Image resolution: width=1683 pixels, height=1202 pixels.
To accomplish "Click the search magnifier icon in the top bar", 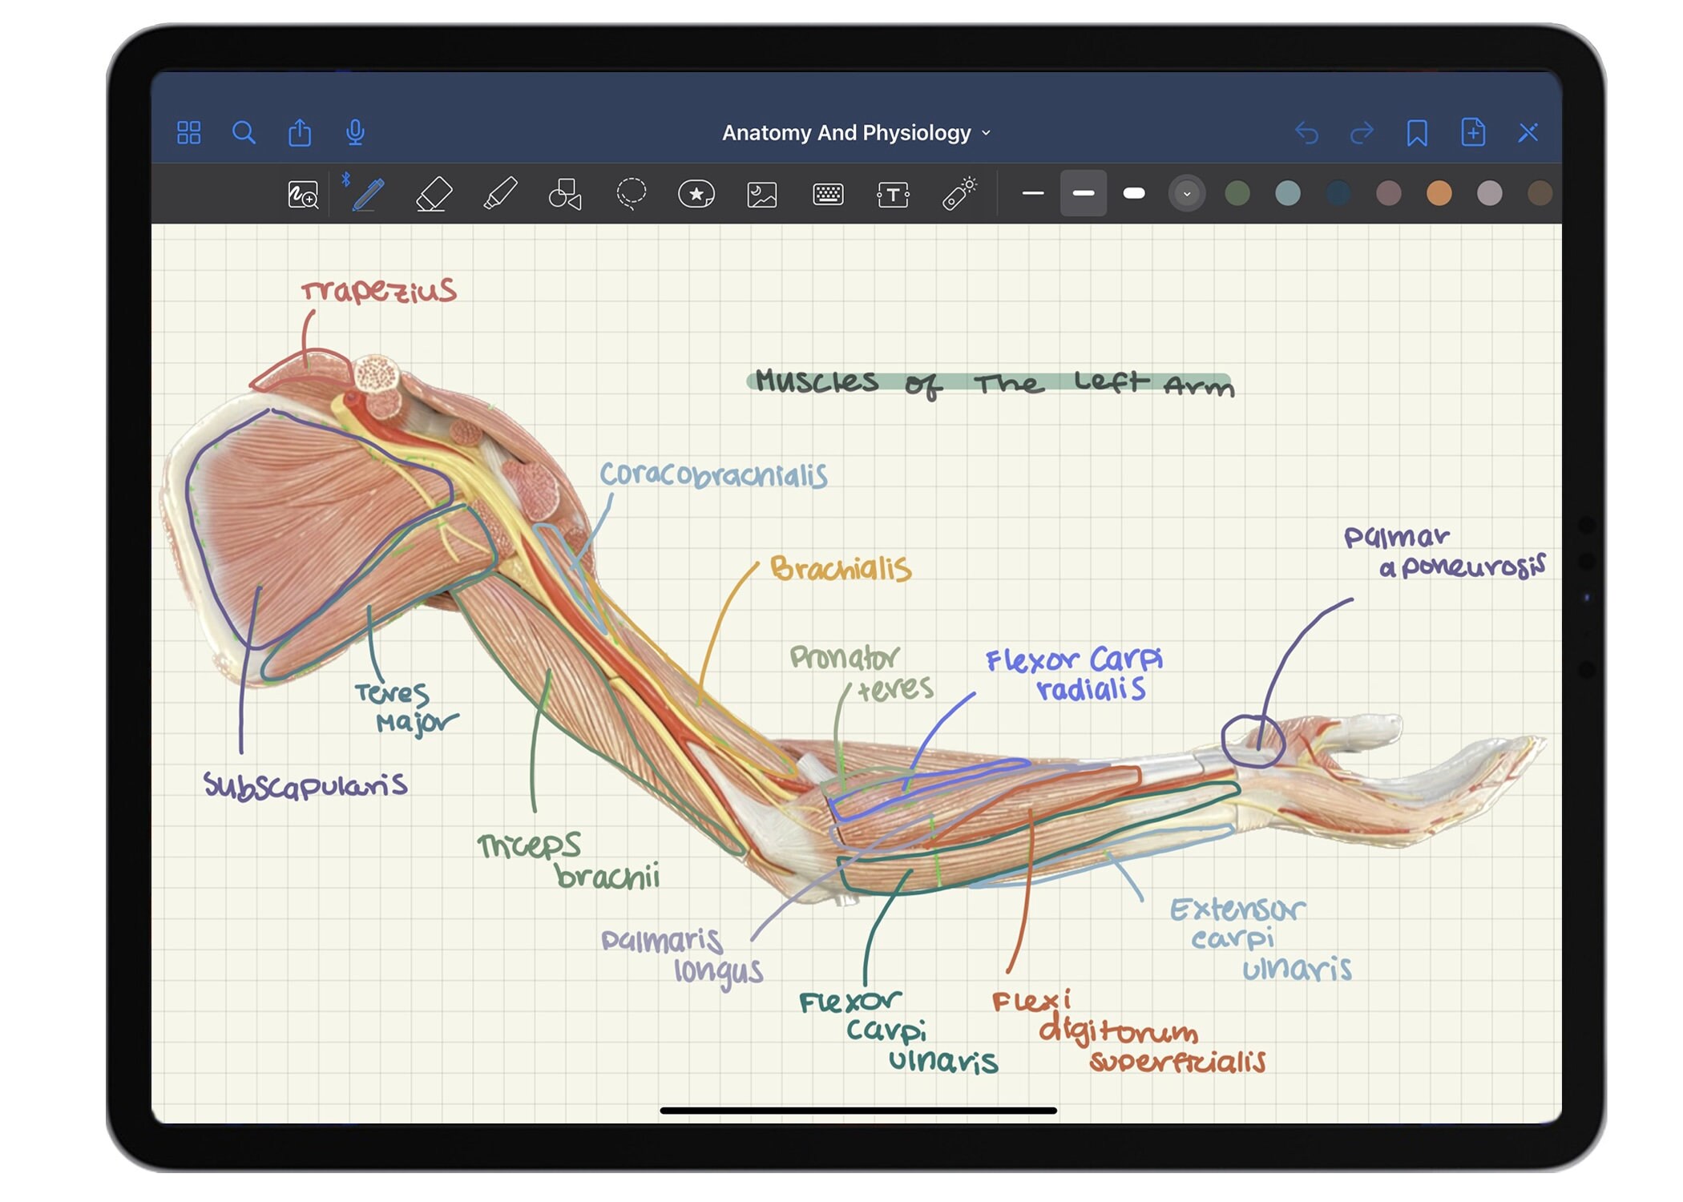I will (x=244, y=132).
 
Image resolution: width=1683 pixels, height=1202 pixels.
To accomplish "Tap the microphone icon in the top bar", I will (x=355, y=132).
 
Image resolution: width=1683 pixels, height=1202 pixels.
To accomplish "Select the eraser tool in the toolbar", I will (x=434, y=194).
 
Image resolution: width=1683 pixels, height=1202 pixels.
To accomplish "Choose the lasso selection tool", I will (x=631, y=194).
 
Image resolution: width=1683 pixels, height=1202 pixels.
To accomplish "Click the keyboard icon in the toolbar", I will (x=828, y=194).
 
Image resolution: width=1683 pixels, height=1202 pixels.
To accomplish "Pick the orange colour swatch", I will (x=1439, y=194).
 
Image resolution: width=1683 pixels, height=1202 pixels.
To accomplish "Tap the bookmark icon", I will (x=1416, y=132).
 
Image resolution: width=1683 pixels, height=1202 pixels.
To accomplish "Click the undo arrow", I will (x=1306, y=132).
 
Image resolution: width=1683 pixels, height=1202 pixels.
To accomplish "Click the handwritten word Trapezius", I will (x=378, y=290).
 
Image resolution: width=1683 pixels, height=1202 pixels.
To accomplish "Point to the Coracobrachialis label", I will (x=713, y=475).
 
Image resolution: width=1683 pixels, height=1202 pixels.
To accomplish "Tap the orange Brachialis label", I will (x=841, y=569).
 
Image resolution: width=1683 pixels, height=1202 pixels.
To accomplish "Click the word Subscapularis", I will (x=305, y=785).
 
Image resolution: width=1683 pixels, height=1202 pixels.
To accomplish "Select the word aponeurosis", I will (x=1462, y=567).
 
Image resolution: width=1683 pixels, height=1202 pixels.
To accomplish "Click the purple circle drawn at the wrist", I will (x=1253, y=740).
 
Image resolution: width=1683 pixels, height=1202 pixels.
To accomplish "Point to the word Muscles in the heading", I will (x=816, y=381).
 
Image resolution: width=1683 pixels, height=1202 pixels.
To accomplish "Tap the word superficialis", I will (x=1177, y=1062).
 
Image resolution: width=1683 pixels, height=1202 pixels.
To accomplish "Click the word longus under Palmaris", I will (x=718, y=971).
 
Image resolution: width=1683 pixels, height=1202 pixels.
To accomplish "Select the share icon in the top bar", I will (x=300, y=132).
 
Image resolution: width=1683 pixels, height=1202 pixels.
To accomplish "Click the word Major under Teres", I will (x=417, y=723).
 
